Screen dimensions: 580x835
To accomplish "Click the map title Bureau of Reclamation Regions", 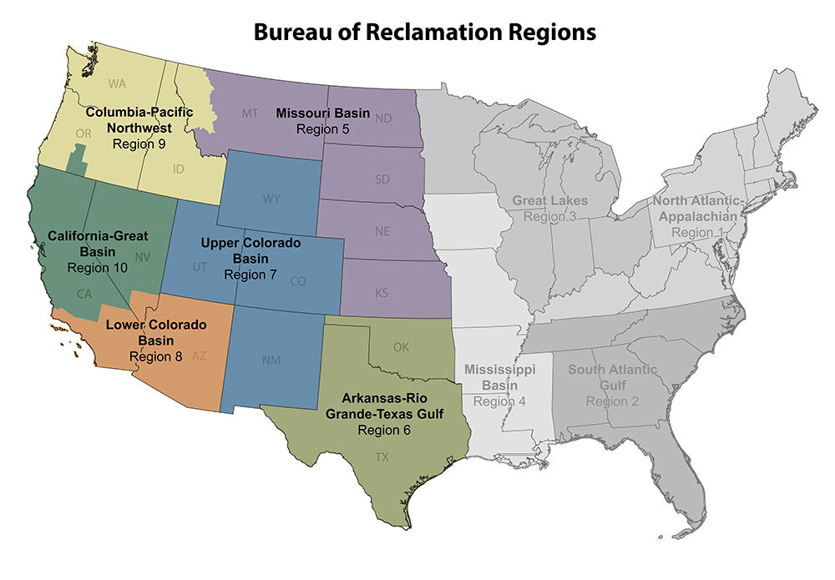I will pyautogui.click(x=424, y=33).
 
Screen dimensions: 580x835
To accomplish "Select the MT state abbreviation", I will pyautogui.click(x=250, y=113).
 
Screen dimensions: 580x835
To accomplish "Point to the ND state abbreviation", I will pyautogui.click(x=383, y=119).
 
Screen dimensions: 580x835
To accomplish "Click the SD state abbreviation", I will pyautogui.click(x=382, y=179).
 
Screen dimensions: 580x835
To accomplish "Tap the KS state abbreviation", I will pyautogui.click(x=382, y=293).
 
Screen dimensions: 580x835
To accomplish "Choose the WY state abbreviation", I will pyautogui.click(x=271, y=199).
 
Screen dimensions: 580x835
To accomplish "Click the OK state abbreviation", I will pyautogui.click(x=401, y=347).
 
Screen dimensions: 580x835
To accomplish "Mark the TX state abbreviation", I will pyautogui.click(x=382, y=456).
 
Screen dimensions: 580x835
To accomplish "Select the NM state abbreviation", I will pyautogui.click(x=271, y=361).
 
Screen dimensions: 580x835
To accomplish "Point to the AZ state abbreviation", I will pyautogui.click(x=199, y=356).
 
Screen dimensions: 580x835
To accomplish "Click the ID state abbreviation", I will pyautogui.click(x=178, y=169).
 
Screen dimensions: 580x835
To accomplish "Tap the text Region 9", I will pyautogui.click(x=139, y=144).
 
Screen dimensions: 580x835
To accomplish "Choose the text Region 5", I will pyautogui.click(x=322, y=129).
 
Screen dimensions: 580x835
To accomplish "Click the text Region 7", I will pyautogui.click(x=250, y=275).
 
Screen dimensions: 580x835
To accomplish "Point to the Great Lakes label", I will pyautogui.click(x=549, y=201).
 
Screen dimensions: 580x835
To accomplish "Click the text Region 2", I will pyautogui.click(x=612, y=401).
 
